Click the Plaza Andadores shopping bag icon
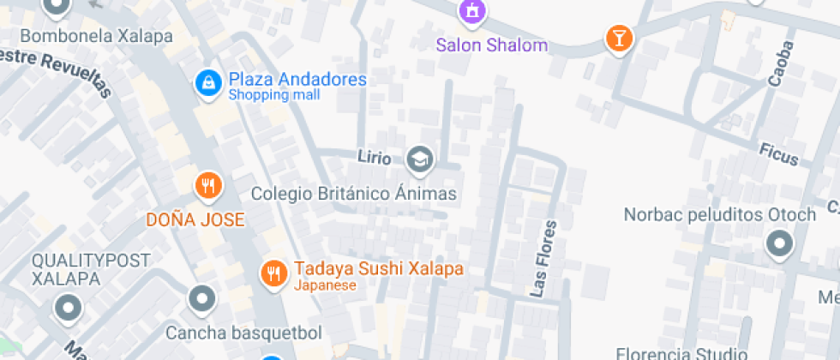click(207, 82)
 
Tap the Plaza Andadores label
click(297, 80)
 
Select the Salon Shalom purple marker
click(471, 11)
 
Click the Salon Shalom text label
click(491, 45)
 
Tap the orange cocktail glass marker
click(617, 38)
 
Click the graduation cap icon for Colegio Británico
click(419, 159)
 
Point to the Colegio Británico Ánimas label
click(354, 194)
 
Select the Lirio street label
click(375, 158)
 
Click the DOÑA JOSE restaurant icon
click(207, 184)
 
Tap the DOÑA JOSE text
click(195, 219)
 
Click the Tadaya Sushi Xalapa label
click(378, 268)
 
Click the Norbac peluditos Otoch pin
click(779, 245)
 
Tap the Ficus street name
click(778, 154)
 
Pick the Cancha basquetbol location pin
click(202, 299)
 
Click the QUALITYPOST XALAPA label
click(91, 269)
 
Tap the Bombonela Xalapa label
click(96, 37)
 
